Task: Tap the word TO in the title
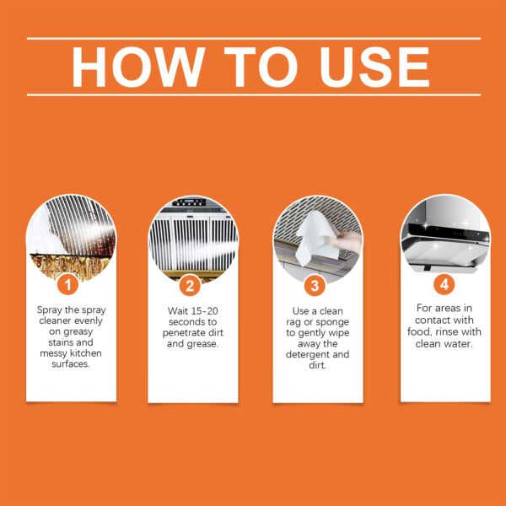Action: [250, 67]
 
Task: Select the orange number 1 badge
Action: [71, 284]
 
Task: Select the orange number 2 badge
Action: [192, 284]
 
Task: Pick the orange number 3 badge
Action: [316, 284]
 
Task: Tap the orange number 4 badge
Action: [444, 284]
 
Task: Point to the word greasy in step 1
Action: [71, 333]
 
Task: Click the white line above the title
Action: [253, 38]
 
